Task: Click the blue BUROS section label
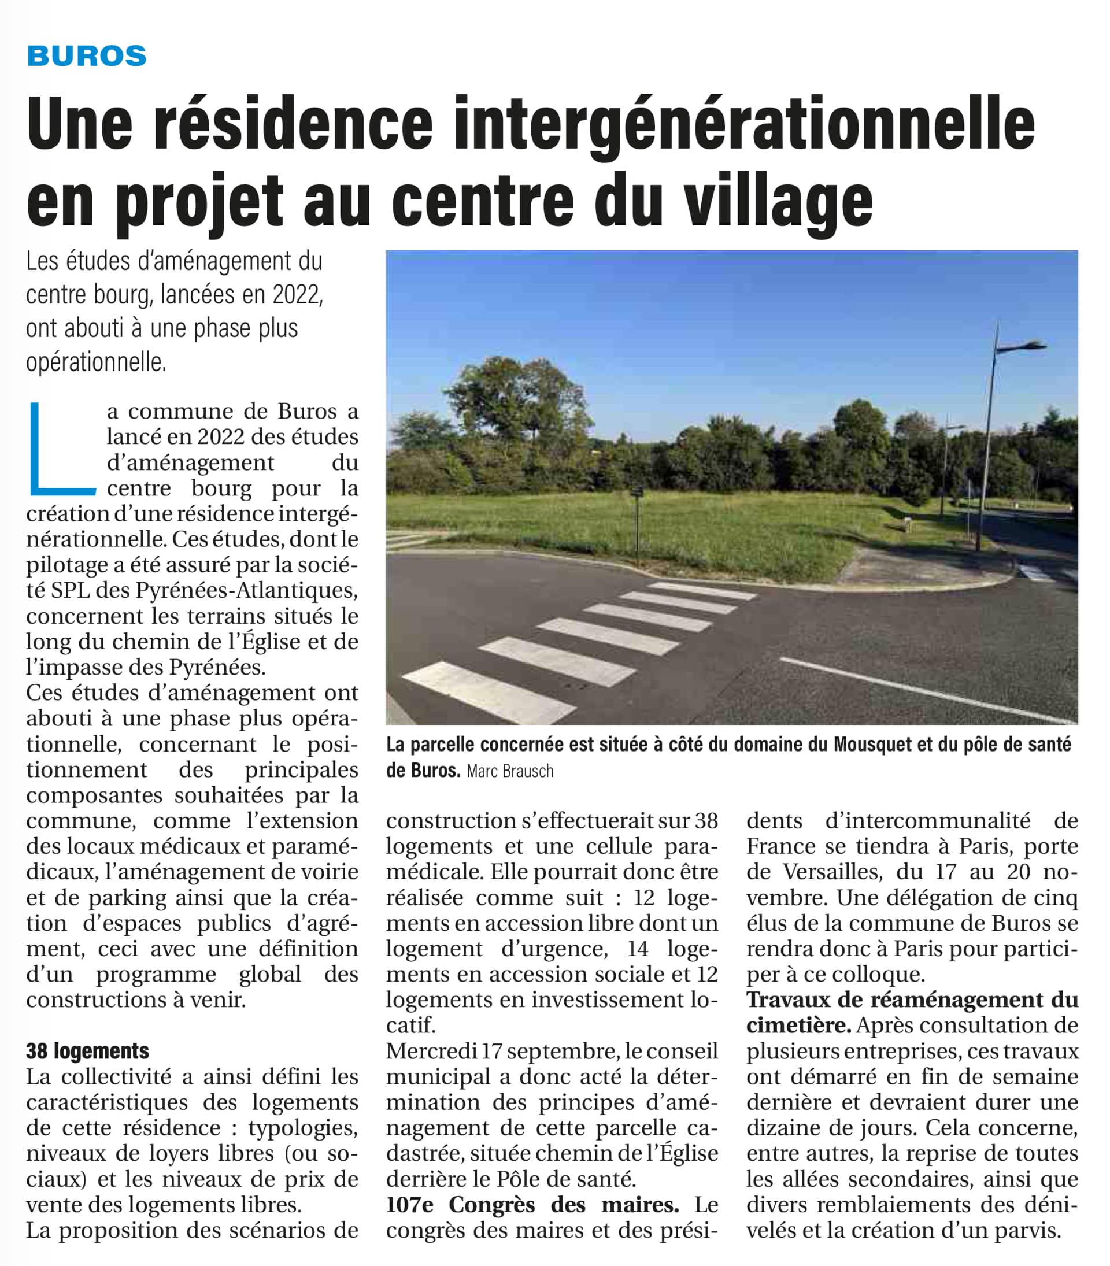[x=87, y=57]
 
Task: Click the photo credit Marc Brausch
[x=510, y=771]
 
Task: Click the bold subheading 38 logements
[x=87, y=1050]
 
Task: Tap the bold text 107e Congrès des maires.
[x=532, y=1205]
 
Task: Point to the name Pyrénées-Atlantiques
[x=246, y=590]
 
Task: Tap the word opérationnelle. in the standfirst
[x=96, y=362]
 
